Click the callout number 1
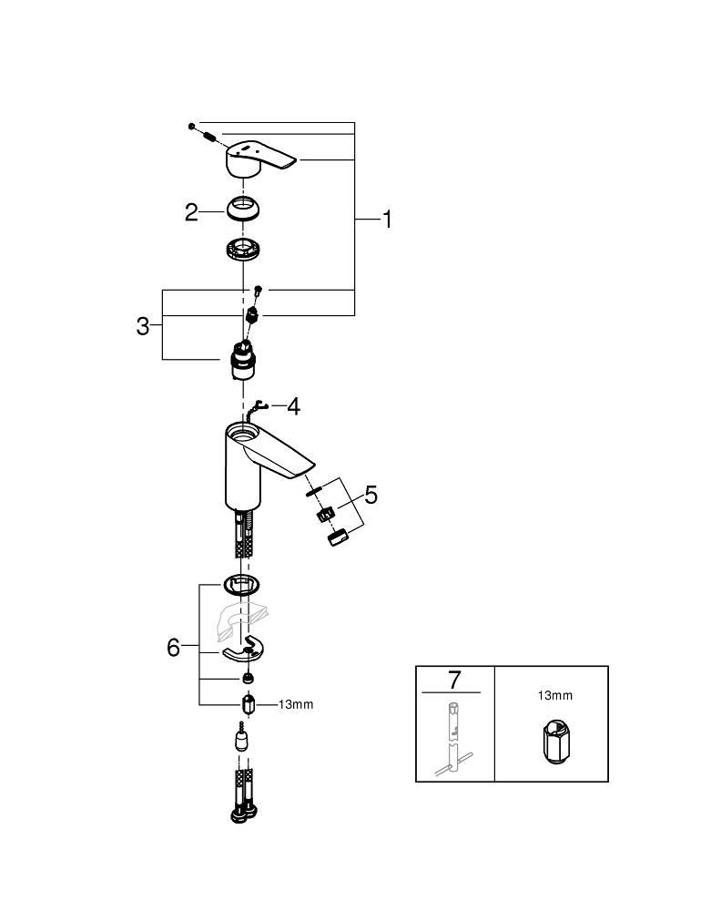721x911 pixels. pos(387,219)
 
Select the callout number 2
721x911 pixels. pos(191,212)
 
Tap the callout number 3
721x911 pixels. pos(143,326)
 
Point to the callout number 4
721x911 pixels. pos(293,406)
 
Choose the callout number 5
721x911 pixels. pos(371,495)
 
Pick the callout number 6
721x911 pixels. pos(174,648)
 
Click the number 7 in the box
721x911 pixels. pos(455,680)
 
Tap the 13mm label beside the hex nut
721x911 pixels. pos(295,704)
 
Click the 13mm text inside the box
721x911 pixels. pos(554,696)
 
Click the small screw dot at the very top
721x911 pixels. pos(192,124)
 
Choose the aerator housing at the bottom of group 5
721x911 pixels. pos(339,537)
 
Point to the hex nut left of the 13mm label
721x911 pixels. pos(248,705)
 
